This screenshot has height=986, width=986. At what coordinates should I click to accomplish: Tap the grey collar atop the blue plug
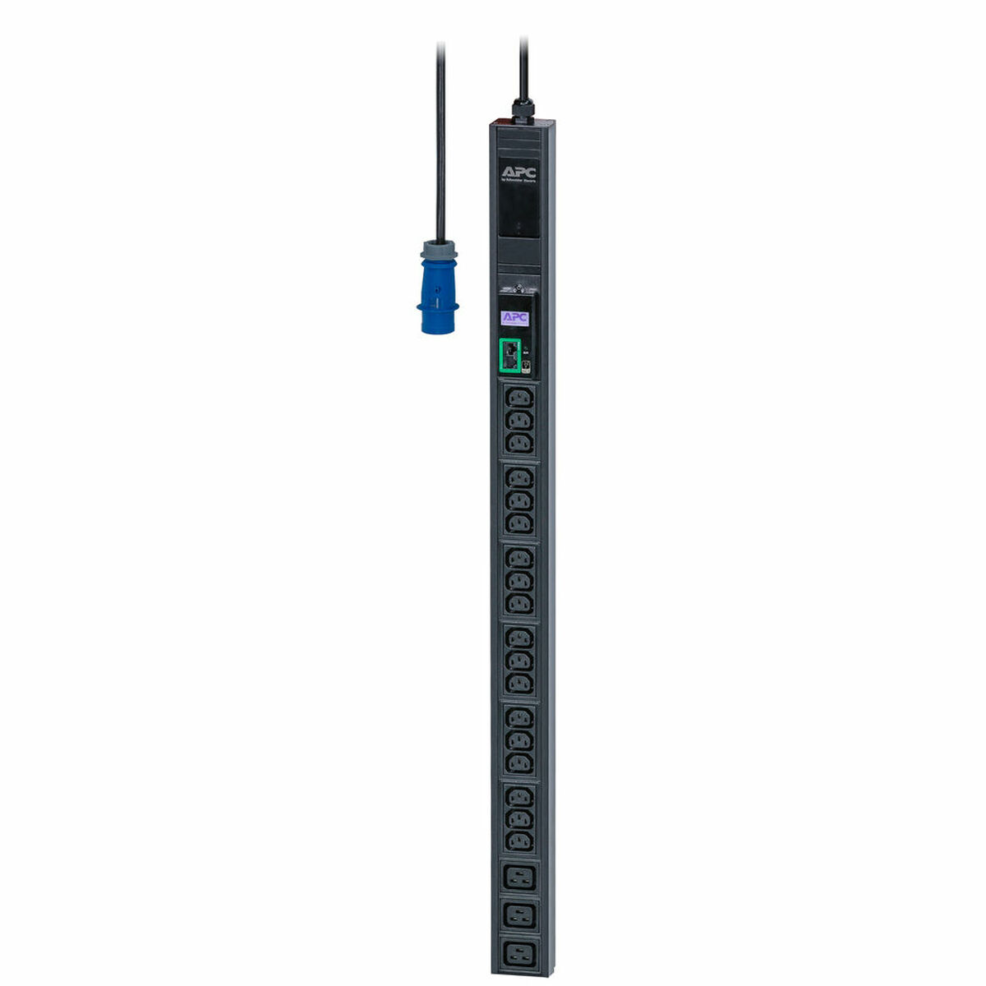coord(439,250)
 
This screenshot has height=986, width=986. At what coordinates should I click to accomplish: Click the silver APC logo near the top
coord(519,173)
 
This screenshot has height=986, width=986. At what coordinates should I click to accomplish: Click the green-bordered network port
coord(509,355)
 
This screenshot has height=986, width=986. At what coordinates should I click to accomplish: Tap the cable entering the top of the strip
coord(523,66)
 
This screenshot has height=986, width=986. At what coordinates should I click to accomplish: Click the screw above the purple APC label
coord(519,289)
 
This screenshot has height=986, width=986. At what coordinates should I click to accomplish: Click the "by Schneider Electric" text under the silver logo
coord(519,182)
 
